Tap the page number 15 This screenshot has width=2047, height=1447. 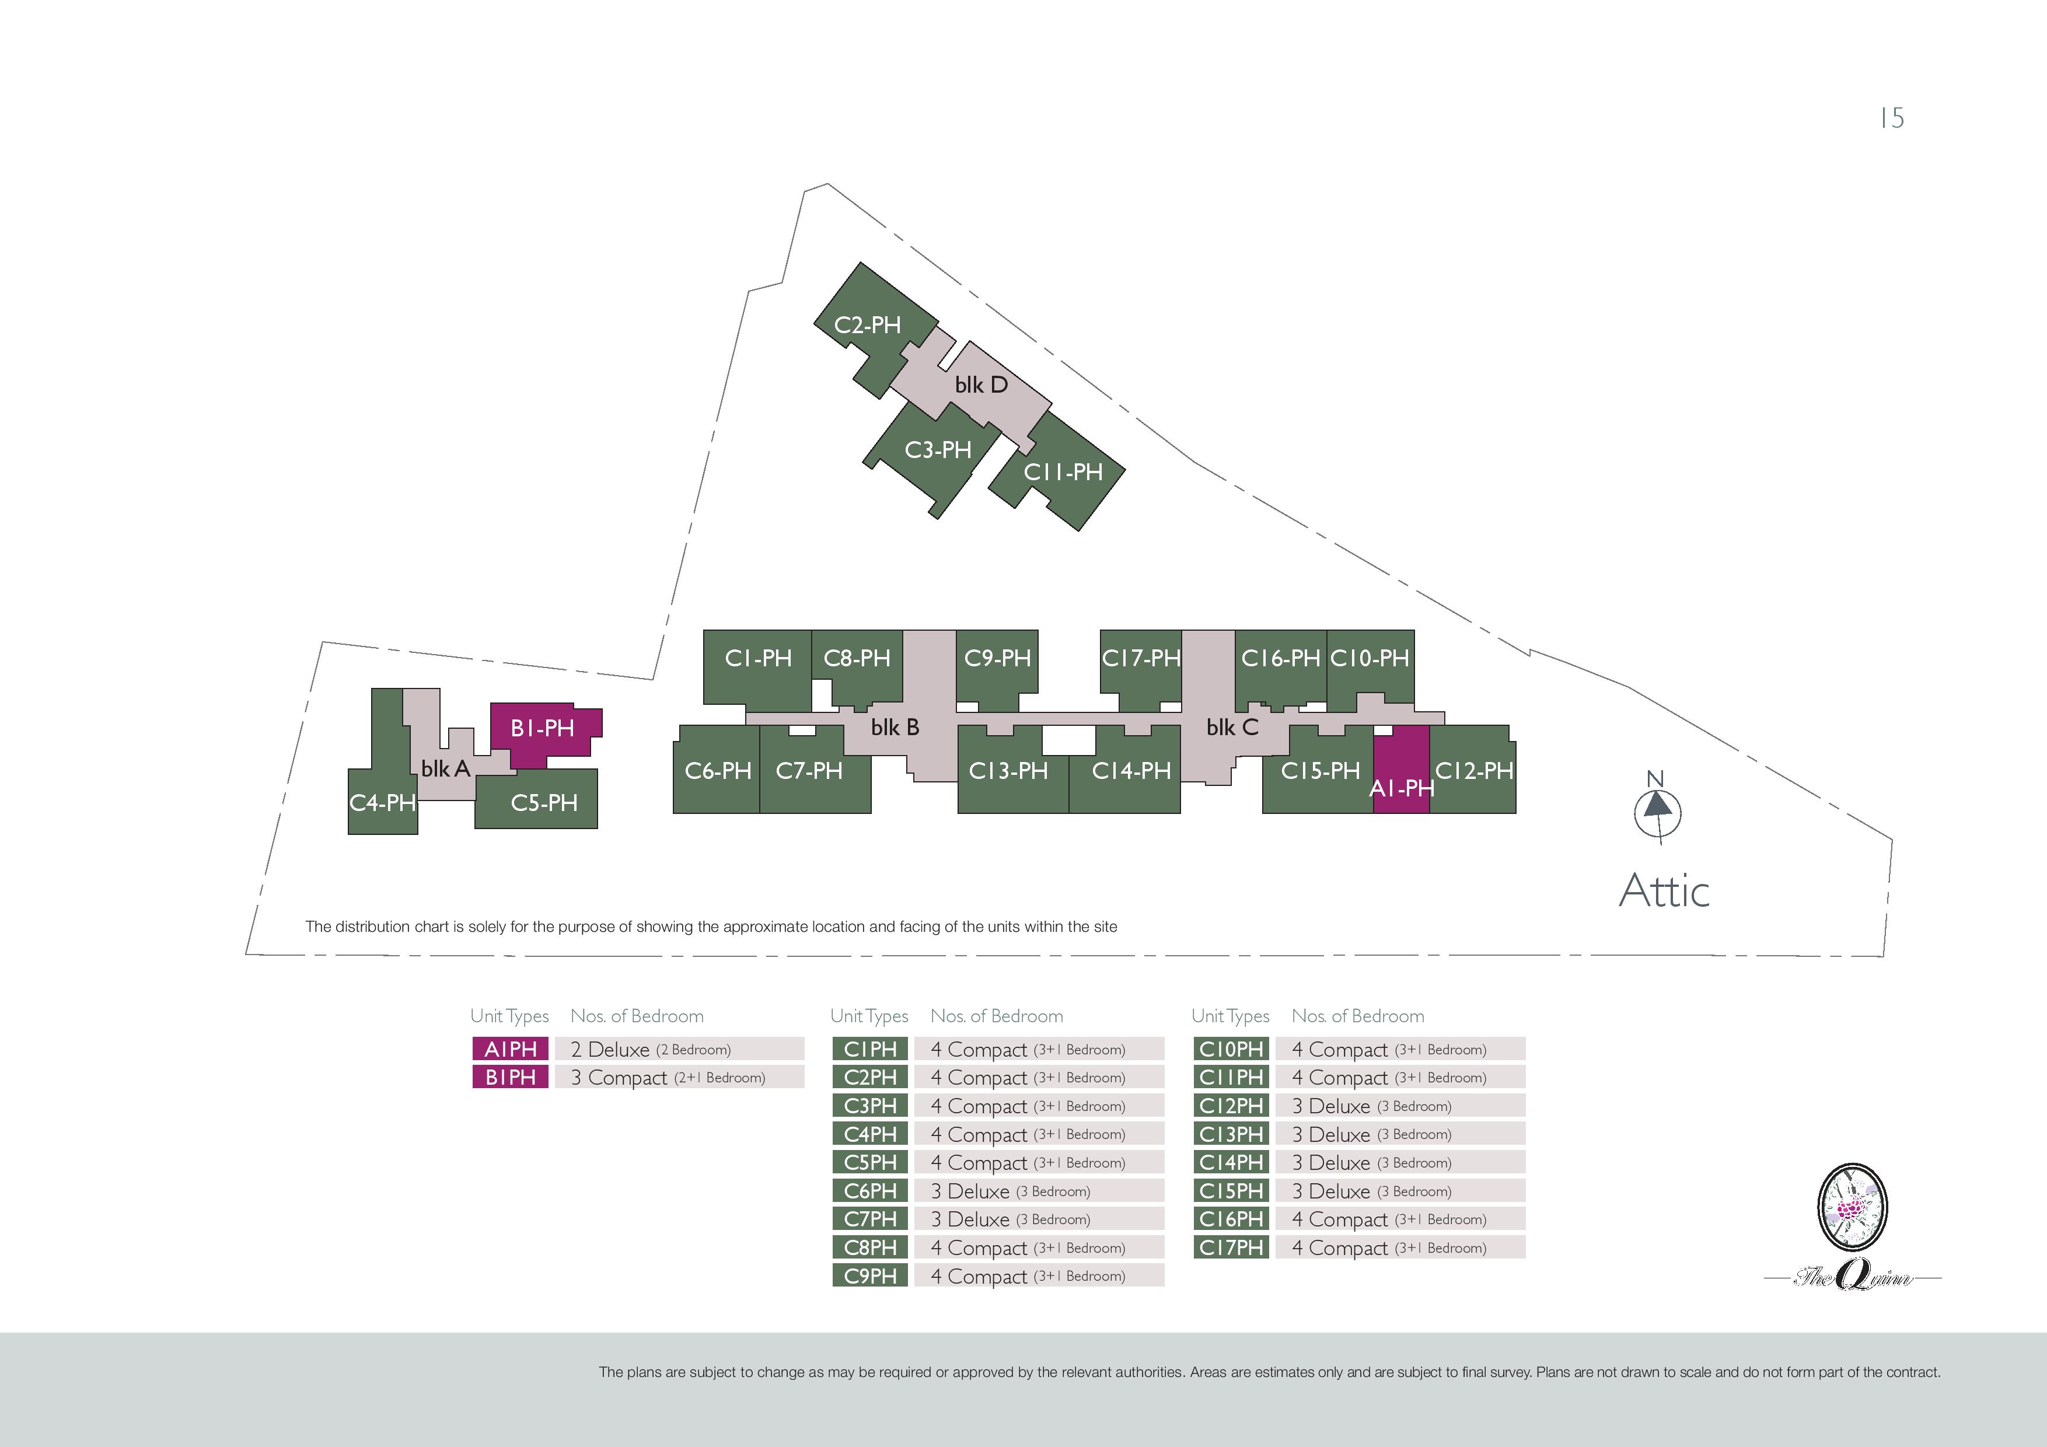tap(1892, 118)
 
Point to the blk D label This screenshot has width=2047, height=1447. tap(981, 385)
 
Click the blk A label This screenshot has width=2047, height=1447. tap(445, 768)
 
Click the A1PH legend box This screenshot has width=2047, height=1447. tap(510, 1048)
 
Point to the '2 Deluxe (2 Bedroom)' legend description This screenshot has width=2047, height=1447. tap(651, 1049)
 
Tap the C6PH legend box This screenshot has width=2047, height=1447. tap(870, 1190)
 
